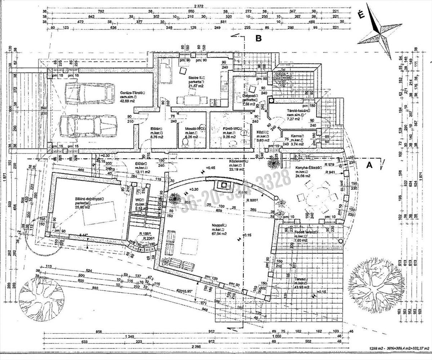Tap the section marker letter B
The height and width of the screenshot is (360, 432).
click(258, 39)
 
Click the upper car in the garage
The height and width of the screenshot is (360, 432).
click(89, 93)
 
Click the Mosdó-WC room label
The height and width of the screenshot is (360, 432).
click(195, 129)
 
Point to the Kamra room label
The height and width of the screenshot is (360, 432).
click(297, 136)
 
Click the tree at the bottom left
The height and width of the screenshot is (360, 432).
click(41, 298)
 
